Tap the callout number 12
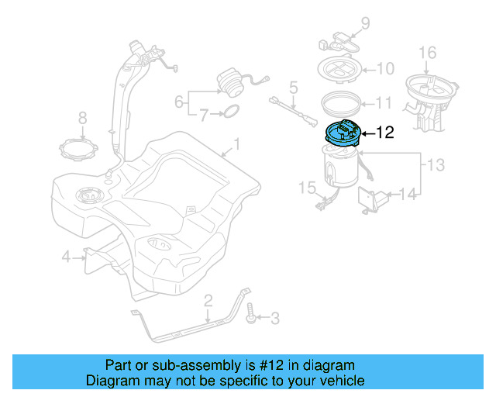(x=385, y=133)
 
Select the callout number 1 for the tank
(x=237, y=144)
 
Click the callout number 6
(x=179, y=102)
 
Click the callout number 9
(x=366, y=22)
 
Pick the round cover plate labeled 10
(x=340, y=69)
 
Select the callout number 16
(x=428, y=53)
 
